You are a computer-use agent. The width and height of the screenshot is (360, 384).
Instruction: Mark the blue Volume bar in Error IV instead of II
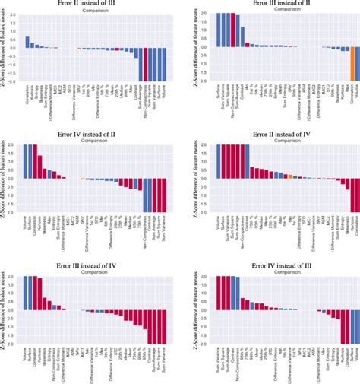point(27,161)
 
